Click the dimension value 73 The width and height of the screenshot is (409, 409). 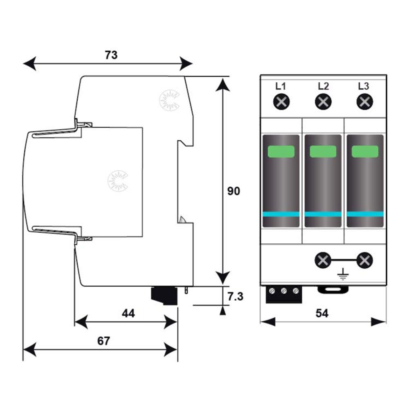[111, 55]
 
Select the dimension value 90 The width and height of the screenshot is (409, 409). [234, 191]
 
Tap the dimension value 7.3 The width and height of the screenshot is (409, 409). [235, 297]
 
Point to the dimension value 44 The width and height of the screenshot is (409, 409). [128, 313]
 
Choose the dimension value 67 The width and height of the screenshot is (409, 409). [103, 341]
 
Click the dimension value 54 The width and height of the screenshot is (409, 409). [322, 313]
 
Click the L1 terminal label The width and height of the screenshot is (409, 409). [281, 86]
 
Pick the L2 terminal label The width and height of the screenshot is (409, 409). [324, 86]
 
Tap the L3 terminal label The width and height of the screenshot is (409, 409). [363, 86]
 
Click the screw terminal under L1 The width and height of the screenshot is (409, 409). [281, 102]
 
